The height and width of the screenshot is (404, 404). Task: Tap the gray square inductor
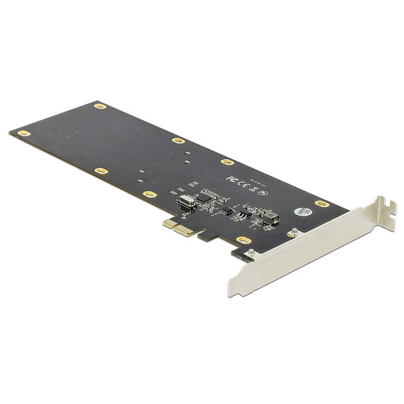point(270,217)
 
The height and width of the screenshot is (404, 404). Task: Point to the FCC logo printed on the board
point(231,179)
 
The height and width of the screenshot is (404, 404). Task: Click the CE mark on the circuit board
point(241,183)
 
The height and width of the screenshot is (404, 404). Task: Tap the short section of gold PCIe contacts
point(169,223)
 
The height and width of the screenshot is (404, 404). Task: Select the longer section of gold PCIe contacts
point(185,230)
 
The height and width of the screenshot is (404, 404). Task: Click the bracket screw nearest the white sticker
point(292,232)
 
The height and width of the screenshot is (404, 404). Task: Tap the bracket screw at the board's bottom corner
point(250,252)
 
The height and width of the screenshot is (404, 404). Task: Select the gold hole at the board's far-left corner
point(23,134)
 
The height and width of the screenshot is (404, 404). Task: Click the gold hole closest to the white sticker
point(321,203)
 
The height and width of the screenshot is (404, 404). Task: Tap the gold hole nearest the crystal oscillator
point(150,194)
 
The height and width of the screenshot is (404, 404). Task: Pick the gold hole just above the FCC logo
point(227,162)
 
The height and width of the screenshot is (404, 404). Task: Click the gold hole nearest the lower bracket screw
point(244,240)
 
